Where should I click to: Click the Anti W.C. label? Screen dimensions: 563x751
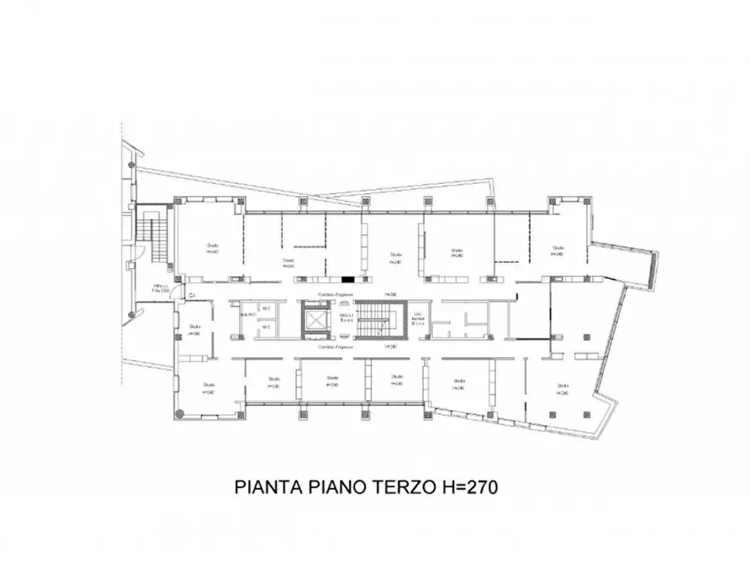pyautogui.click(x=247, y=315)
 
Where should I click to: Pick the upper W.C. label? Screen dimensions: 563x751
pyautogui.click(x=267, y=308)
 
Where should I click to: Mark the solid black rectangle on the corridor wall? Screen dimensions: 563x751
pyautogui.click(x=347, y=279)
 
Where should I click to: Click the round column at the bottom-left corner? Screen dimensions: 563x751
pyautogui.click(x=178, y=413)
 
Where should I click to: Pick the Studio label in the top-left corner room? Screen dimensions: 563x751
pyautogui.click(x=213, y=248)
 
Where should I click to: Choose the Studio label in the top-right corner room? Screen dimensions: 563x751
pyautogui.click(x=558, y=250)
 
